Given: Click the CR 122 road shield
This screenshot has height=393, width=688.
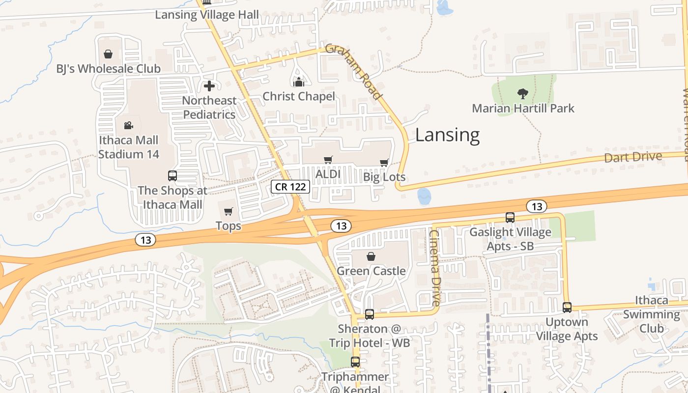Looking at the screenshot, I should click(290, 187).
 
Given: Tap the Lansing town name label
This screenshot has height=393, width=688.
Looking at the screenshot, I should click(447, 135).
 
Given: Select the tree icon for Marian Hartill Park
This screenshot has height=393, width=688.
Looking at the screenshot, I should click(522, 93).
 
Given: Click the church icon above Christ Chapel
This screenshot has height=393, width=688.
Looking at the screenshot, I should click(298, 82).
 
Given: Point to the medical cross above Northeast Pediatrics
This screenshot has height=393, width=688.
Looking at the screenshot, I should click(209, 86).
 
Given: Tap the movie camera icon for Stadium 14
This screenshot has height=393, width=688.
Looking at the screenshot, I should click(128, 126).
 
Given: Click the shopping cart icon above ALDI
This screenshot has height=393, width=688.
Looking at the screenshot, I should click(328, 160).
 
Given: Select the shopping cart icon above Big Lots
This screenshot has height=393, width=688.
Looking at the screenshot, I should click(384, 163).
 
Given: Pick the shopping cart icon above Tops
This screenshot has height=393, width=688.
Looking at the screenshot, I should click(228, 212).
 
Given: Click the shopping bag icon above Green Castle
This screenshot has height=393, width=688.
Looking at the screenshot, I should click(371, 256).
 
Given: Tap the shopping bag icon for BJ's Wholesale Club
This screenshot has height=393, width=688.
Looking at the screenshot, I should click(108, 54).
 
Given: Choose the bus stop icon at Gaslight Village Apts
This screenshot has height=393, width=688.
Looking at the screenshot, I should click(510, 217).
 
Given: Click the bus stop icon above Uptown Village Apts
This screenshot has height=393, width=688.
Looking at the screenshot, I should click(567, 308).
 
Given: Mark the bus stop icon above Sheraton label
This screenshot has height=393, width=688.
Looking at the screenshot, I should click(369, 314).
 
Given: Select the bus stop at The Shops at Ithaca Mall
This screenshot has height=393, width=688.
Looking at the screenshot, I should click(172, 176).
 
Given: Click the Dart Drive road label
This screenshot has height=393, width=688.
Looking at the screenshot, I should click(633, 158).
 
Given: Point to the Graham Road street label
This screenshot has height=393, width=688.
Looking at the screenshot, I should click(354, 72).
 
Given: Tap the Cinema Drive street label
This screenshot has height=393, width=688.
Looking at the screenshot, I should click(435, 268).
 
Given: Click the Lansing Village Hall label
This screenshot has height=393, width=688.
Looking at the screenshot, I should click(207, 15).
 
